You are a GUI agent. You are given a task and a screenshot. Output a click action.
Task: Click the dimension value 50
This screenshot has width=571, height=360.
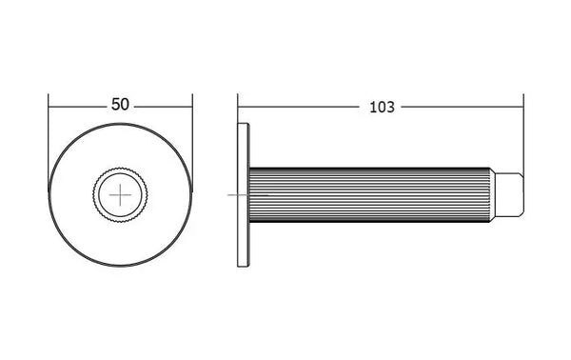120,105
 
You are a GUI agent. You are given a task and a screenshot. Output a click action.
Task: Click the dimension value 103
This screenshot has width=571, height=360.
382,108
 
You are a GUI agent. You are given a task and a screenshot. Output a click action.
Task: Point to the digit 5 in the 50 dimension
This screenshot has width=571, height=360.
116,105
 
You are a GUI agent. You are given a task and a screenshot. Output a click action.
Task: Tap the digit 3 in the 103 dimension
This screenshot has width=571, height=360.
390,108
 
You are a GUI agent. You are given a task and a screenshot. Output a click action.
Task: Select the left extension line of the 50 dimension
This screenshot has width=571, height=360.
49,142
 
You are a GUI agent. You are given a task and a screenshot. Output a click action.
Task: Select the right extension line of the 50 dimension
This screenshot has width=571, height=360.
192,142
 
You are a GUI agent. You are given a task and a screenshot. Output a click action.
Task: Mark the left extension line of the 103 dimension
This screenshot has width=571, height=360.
238,109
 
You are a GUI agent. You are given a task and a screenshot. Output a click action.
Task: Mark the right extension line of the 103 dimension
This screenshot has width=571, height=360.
523,136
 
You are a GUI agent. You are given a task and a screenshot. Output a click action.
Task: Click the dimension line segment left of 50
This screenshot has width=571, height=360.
78,107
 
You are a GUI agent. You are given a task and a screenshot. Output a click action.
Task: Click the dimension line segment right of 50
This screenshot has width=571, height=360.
163,107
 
